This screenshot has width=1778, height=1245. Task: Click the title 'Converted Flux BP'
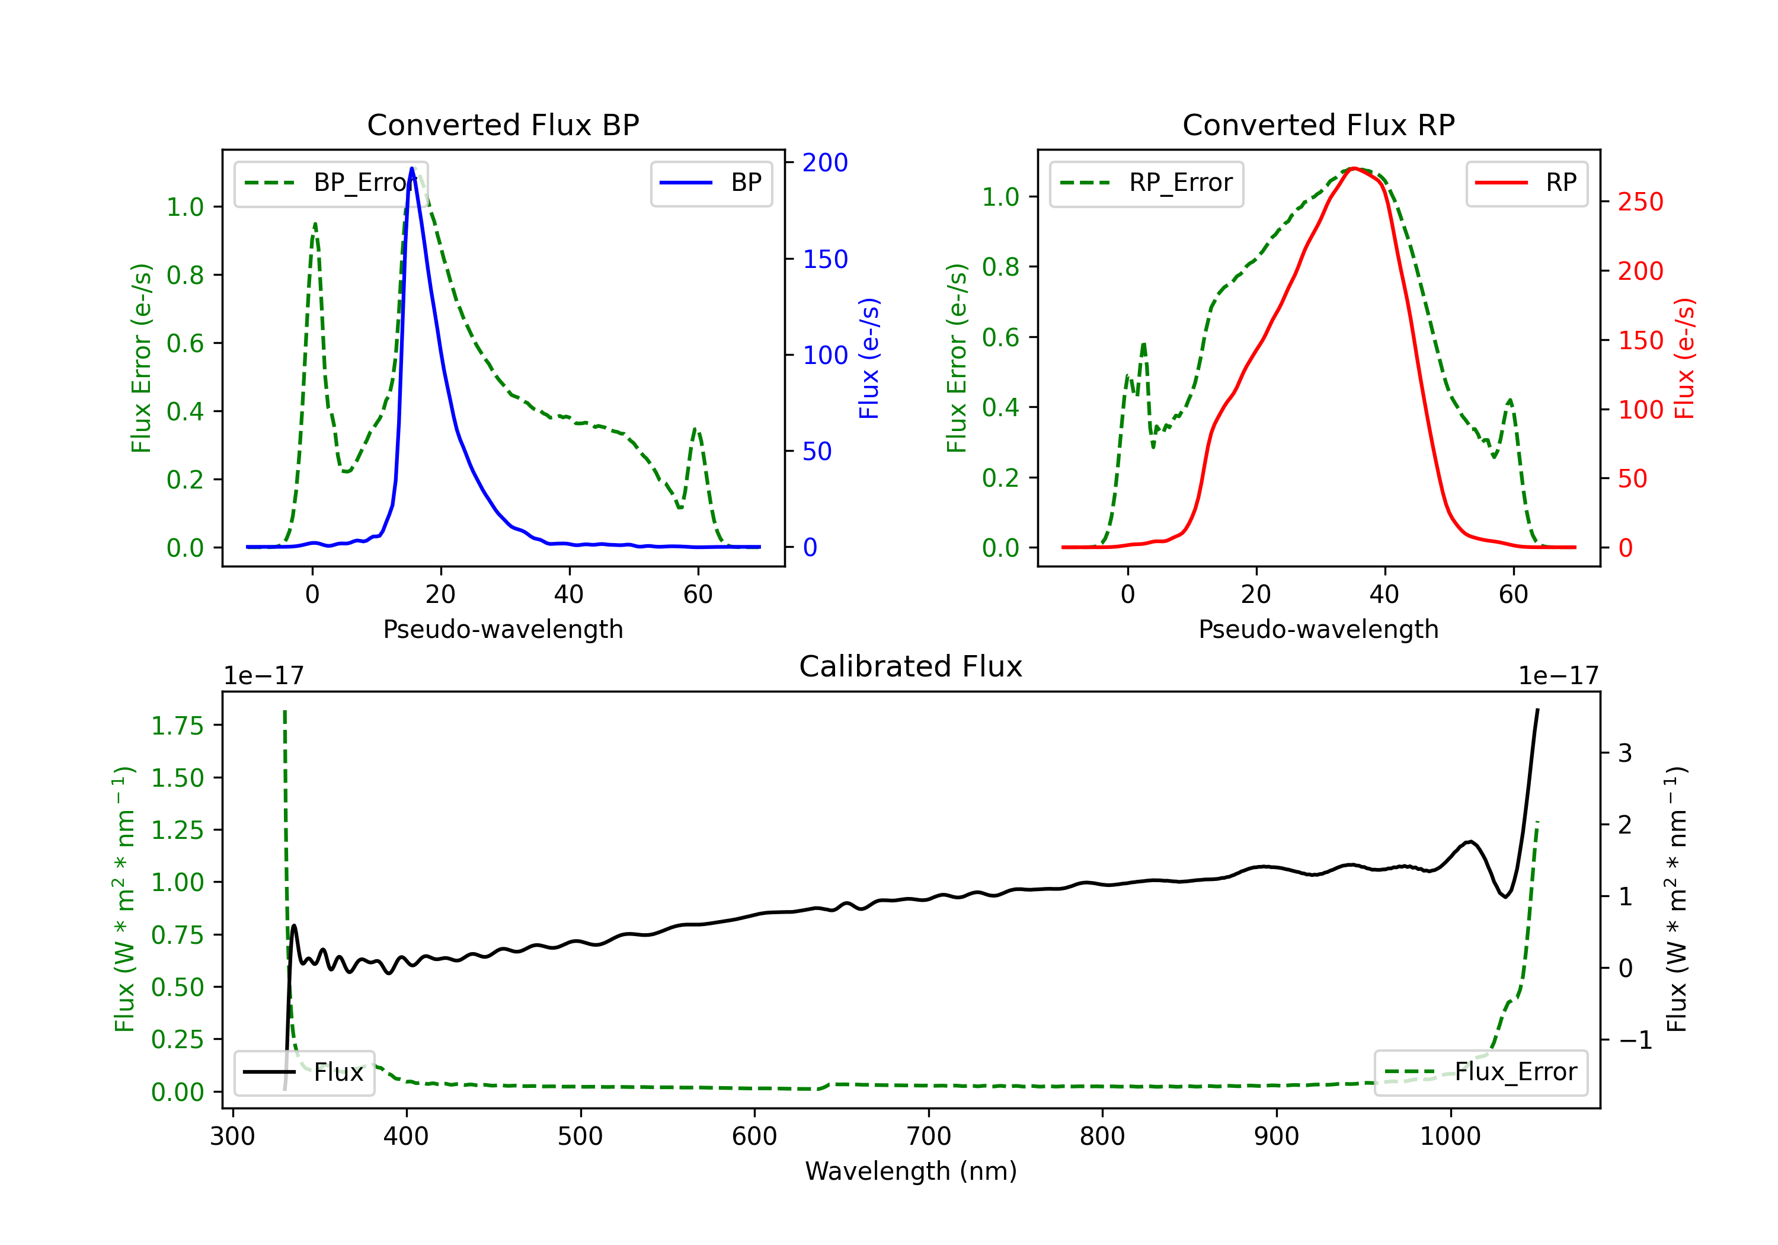click(x=503, y=124)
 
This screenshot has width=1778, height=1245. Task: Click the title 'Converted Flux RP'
click(x=1319, y=124)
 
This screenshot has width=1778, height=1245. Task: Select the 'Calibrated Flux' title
click(x=911, y=666)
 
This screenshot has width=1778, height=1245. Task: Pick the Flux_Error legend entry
click(x=1480, y=1072)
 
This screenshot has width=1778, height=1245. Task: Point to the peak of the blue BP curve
click(x=412, y=168)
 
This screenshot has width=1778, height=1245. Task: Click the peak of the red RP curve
click(x=1353, y=168)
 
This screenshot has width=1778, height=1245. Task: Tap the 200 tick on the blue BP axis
click(x=825, y=162)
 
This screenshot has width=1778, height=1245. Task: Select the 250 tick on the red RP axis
click(x=1640, y=202)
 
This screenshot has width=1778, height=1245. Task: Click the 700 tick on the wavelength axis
click(x=929, y=1136)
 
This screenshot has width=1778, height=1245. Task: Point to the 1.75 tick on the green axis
click(x=177, y=726)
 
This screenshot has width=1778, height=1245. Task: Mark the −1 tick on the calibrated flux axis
click(x=1636, y=1040)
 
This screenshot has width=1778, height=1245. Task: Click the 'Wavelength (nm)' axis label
click(x=911, y=1171)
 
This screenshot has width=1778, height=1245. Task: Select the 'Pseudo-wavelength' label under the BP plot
click(x=503, y=629)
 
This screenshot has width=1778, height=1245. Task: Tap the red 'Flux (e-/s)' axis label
click(x=1684, y=359)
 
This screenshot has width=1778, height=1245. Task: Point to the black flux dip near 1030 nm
click(x=1505, y=896)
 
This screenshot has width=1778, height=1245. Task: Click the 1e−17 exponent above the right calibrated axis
click(x=1558, y=676)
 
